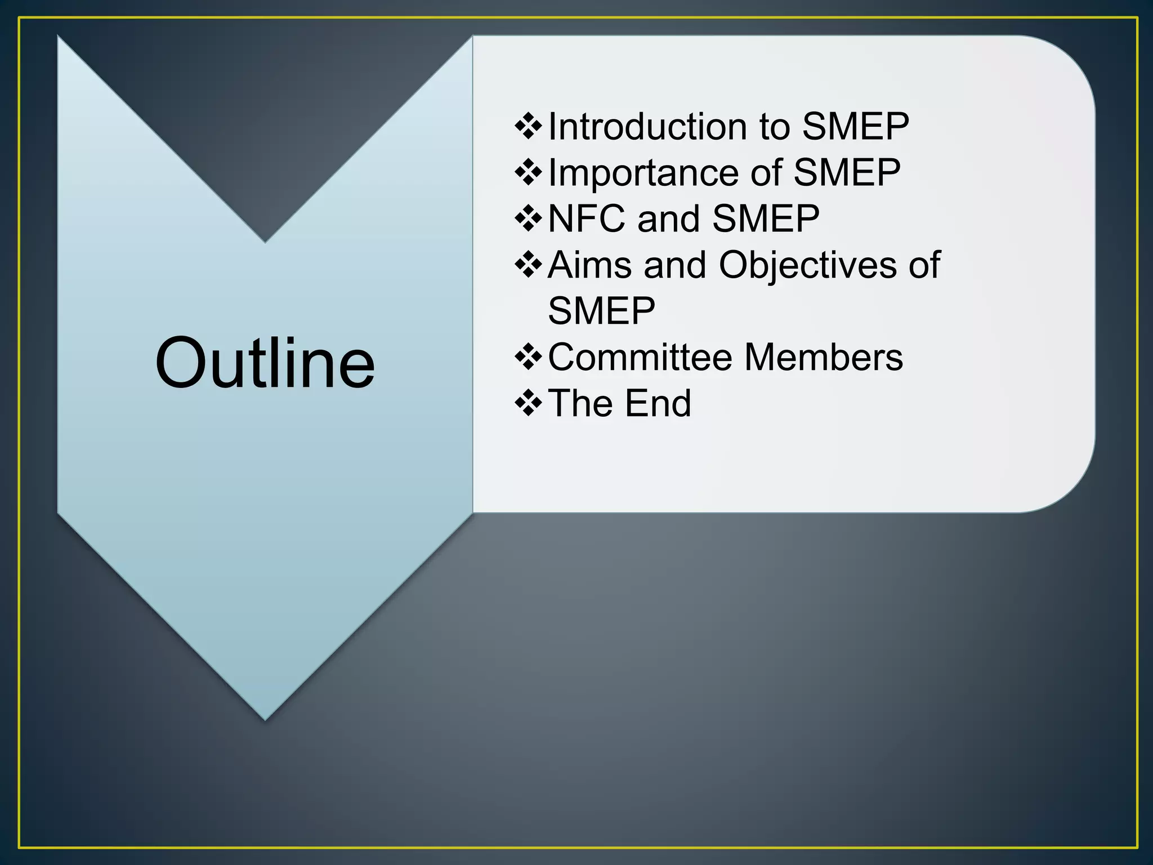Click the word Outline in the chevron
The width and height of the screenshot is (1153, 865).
click(x=265, y=363)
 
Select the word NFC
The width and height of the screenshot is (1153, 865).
click(x=586, y=219)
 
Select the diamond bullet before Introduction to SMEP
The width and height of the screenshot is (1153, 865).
click(x=528, y=126)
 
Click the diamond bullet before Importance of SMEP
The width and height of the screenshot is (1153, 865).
click(x=528, y=172)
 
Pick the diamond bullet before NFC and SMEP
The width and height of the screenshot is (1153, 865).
click(x=528, y=219)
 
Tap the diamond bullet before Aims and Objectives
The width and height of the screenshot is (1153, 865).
click(x=528, y=265)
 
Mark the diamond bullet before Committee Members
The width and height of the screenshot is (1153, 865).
click(x=528, y=357)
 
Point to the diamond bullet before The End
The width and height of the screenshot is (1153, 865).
click(x=528, y=403)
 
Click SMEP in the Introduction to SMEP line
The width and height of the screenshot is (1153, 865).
click(x=855, y=126)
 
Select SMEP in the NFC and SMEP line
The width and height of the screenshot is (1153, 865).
click(x=766, y=219)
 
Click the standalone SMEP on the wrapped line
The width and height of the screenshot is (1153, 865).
click(x=601, y=311)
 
